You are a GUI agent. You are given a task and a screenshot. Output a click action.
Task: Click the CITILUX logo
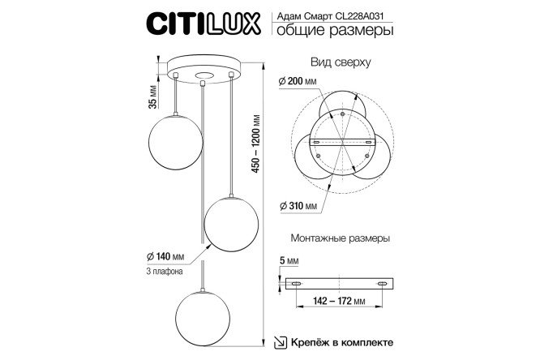[204, 24]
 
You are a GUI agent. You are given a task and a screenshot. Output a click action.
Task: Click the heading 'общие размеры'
[335, 30]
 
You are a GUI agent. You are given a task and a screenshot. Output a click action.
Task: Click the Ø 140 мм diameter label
[165, 256]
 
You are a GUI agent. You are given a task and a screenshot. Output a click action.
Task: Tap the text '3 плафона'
[165, 271]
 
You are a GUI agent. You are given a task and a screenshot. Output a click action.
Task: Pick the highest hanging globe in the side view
[176, 142]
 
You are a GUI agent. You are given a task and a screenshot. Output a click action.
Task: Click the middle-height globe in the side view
[231, 225]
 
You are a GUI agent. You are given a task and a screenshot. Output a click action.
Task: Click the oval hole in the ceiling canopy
[204, 75]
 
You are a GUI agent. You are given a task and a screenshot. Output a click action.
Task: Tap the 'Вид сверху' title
[341, 62]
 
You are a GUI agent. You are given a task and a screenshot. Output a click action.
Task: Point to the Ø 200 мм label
[298, 81]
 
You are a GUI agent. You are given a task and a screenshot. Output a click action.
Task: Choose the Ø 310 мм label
[298, 206]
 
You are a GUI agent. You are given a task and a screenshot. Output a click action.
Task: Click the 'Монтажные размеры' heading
[341, 238]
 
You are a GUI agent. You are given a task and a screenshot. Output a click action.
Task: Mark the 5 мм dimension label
[289, 261]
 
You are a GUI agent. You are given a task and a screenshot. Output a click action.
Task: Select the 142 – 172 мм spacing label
[339, 301]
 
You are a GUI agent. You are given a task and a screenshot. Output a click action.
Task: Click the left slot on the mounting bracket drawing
[296, 284]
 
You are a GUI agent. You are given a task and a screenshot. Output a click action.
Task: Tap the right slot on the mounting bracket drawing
[382, 284]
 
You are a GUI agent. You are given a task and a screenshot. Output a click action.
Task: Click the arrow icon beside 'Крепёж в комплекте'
[281, 343]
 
